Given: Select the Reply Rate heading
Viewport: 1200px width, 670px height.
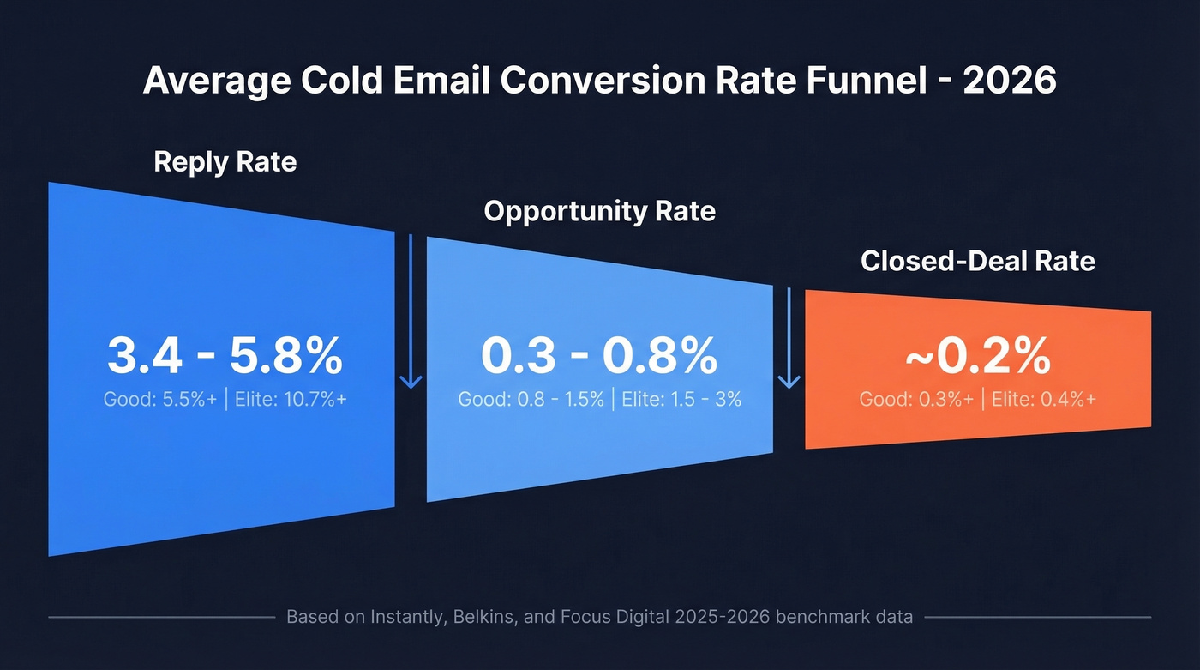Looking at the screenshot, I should click(x=225, y=161).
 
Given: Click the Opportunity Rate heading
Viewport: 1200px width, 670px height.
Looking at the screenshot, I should click(x=599, y=211).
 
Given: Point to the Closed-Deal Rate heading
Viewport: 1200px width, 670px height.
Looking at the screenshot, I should click(x=977, y=261).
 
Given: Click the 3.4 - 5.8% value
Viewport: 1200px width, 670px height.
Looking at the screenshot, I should click(x=225, y=356).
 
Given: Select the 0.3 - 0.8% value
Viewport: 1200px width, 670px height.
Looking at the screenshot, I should click(x=599, y=356).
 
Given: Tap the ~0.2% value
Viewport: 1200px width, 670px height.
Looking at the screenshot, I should click(x=977, y=356).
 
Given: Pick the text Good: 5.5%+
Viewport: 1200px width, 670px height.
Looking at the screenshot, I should click(x=159, y=399).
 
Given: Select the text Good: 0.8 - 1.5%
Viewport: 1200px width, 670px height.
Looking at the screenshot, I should click(x=531, y=399).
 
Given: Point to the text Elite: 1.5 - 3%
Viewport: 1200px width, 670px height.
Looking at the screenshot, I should click(x=681, y=399).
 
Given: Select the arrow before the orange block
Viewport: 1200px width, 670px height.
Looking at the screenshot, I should click(x=789, y=339).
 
